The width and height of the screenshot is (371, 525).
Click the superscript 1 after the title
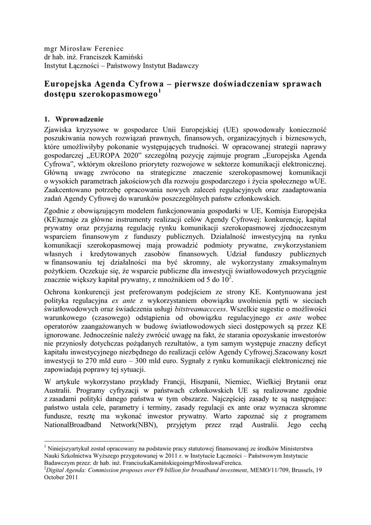(160, 92)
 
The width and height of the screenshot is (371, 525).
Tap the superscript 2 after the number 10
(231, 277)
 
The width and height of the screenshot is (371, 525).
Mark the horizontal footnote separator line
(89, 440)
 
